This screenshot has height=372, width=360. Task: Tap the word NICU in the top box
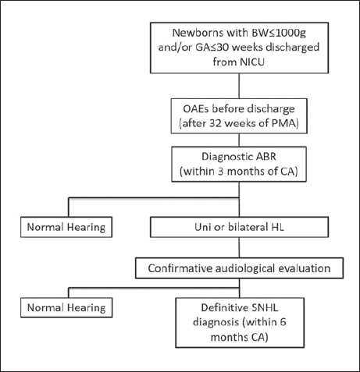point(251,62)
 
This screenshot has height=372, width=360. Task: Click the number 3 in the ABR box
point(221,172)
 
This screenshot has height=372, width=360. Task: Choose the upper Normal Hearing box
point(66,227)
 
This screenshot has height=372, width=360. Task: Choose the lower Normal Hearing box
point(66,308)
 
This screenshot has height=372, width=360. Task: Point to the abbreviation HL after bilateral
point(277,227)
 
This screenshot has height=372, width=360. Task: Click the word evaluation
point(305,268)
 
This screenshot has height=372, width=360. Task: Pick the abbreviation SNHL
point(266,308)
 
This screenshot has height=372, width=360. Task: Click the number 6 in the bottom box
point(283,322)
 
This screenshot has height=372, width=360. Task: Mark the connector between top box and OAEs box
point(239,86)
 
